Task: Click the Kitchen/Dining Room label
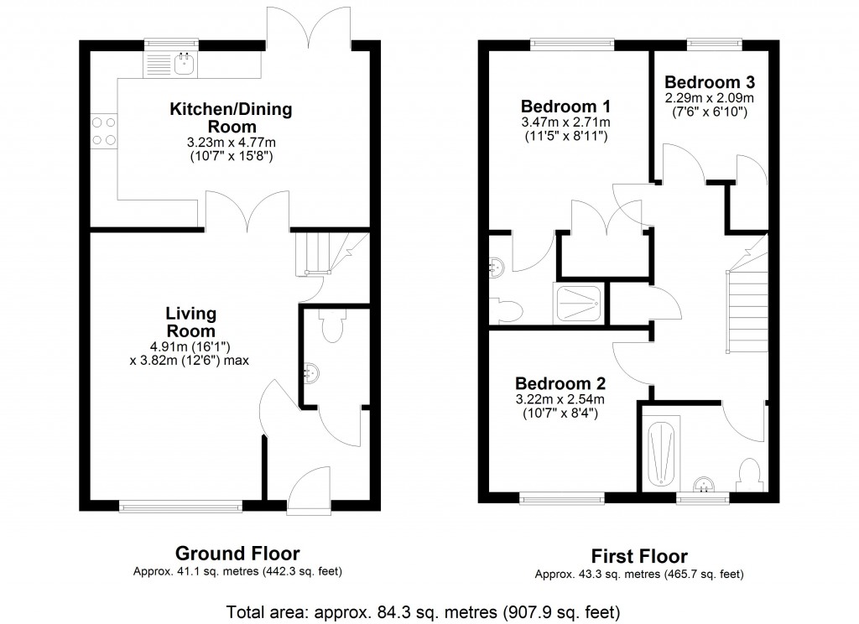tap(232, 118)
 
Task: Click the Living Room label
tap(190, 321)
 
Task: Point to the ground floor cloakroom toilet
tap(333, 326)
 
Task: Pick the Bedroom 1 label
tap(553, 107)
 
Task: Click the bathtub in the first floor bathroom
tap(662, 454)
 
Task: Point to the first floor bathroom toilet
tap(750, 475)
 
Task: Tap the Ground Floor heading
tap(237, 554)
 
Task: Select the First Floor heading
tap(639, 557)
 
